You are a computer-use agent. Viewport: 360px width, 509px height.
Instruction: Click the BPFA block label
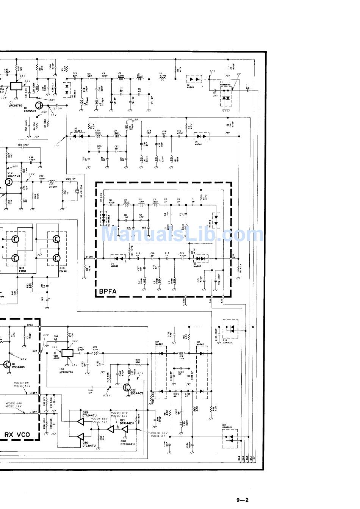click(x=108, y=292)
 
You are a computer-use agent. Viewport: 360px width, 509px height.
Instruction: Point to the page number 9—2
click(x=243, y=500)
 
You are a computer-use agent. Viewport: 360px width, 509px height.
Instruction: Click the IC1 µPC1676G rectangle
click(x=17, y=86)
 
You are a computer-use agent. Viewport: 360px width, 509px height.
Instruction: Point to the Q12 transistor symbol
click(x=9, y=182)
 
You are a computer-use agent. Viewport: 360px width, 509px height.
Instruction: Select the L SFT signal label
click(x=34, y=412)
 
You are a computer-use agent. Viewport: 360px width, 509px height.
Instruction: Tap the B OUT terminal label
click(x=89, y=257)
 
